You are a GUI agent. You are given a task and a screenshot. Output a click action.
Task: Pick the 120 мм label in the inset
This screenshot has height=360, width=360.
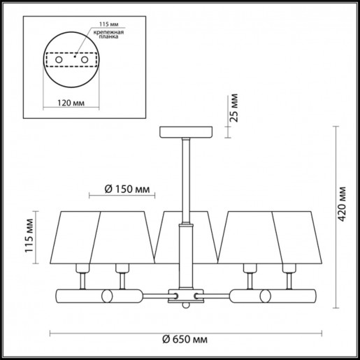tap(68, 101)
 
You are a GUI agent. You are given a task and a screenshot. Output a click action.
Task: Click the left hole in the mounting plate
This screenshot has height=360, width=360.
tap(59, 62)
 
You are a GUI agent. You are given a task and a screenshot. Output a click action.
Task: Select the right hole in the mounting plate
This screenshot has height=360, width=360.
tap(85, 62)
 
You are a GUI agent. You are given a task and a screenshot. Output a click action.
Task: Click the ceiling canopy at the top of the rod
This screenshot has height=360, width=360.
tap(185, 131)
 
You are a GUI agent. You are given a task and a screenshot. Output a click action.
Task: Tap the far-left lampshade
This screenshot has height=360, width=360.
tap(75, 234)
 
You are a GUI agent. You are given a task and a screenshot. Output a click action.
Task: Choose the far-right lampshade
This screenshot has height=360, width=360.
tap(296, 234)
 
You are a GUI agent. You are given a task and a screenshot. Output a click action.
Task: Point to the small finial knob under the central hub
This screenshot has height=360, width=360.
tap(185, 306)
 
